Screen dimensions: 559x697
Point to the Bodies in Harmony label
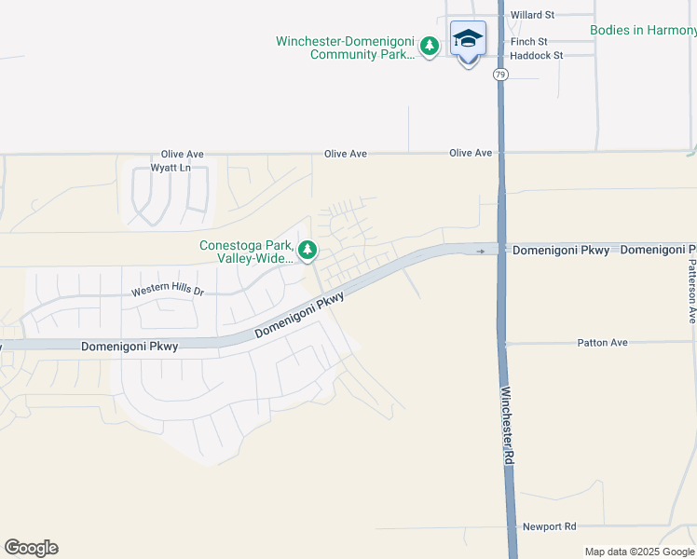[x=643, y=30]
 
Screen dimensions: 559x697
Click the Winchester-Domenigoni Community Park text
[x=346, y=48]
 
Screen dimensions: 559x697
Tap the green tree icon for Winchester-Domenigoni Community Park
[x=429, y=46]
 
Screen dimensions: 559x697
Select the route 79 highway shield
[x=501, y=75]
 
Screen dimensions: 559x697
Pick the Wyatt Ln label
[x=171, y=169]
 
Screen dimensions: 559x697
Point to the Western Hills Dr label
[x=167, y=291]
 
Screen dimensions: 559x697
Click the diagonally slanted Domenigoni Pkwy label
[x=299, y=316]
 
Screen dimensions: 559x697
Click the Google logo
[x=31, y=548]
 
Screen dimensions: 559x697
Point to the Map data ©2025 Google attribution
[x=640, y=552]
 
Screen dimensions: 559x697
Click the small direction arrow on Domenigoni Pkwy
[x=481, y=251]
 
